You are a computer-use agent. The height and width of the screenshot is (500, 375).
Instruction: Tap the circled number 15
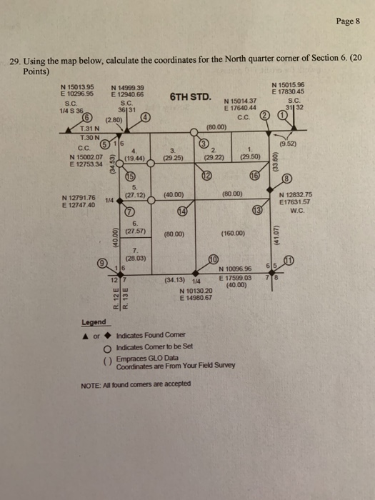pos(131,177)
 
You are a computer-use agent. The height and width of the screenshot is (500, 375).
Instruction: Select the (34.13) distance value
pos(176,280)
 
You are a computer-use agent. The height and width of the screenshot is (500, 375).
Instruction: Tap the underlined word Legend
pos(94,322)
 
